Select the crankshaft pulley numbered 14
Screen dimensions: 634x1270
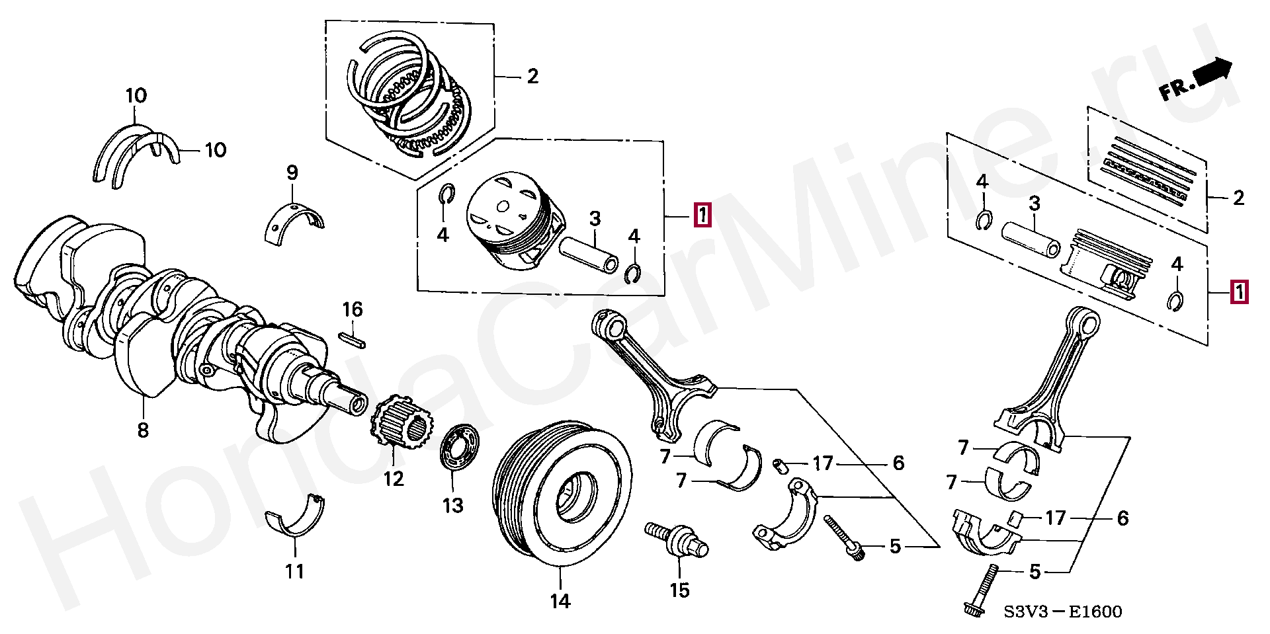[x=562, y=493]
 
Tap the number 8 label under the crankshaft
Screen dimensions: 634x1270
[x=143, y=430]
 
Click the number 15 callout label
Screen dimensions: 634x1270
[x=680, y=590]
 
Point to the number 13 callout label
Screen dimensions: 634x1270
[x=453, y=506]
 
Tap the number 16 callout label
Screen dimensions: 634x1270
[x=353, y=309]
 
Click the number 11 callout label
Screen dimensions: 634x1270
[x=295, y=571]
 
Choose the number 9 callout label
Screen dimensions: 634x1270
[x=292, y=173]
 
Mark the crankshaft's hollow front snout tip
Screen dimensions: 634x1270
[x=358, y=403]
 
